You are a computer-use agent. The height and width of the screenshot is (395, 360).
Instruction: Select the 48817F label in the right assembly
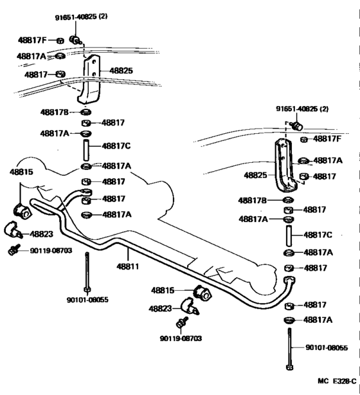(x=327, y=138)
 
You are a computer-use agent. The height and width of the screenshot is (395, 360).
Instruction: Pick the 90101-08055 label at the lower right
(x=327, y=348)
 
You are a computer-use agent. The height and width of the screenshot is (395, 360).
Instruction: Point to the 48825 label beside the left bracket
(x=122, y=71)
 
